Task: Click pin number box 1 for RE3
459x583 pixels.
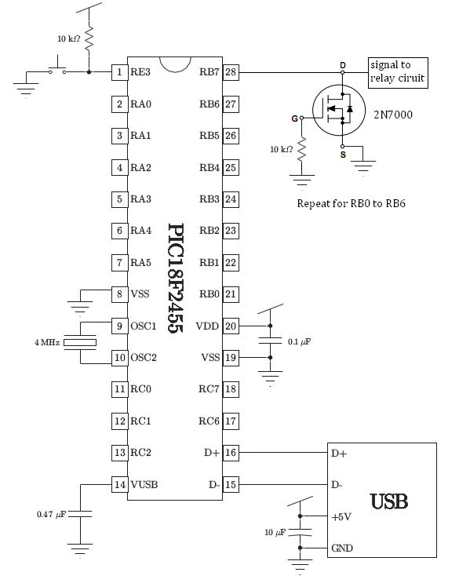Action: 119,71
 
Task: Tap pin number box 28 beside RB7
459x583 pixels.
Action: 231,71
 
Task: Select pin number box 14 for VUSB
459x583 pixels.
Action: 119,484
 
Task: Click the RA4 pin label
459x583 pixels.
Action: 141,231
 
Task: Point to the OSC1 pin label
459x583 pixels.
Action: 144,326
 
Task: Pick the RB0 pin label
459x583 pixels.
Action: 209,294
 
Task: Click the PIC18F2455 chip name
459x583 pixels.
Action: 176,278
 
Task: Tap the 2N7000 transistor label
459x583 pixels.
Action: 393,115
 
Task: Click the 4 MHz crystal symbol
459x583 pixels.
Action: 80,342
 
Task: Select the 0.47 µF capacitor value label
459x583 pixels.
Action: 51,514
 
